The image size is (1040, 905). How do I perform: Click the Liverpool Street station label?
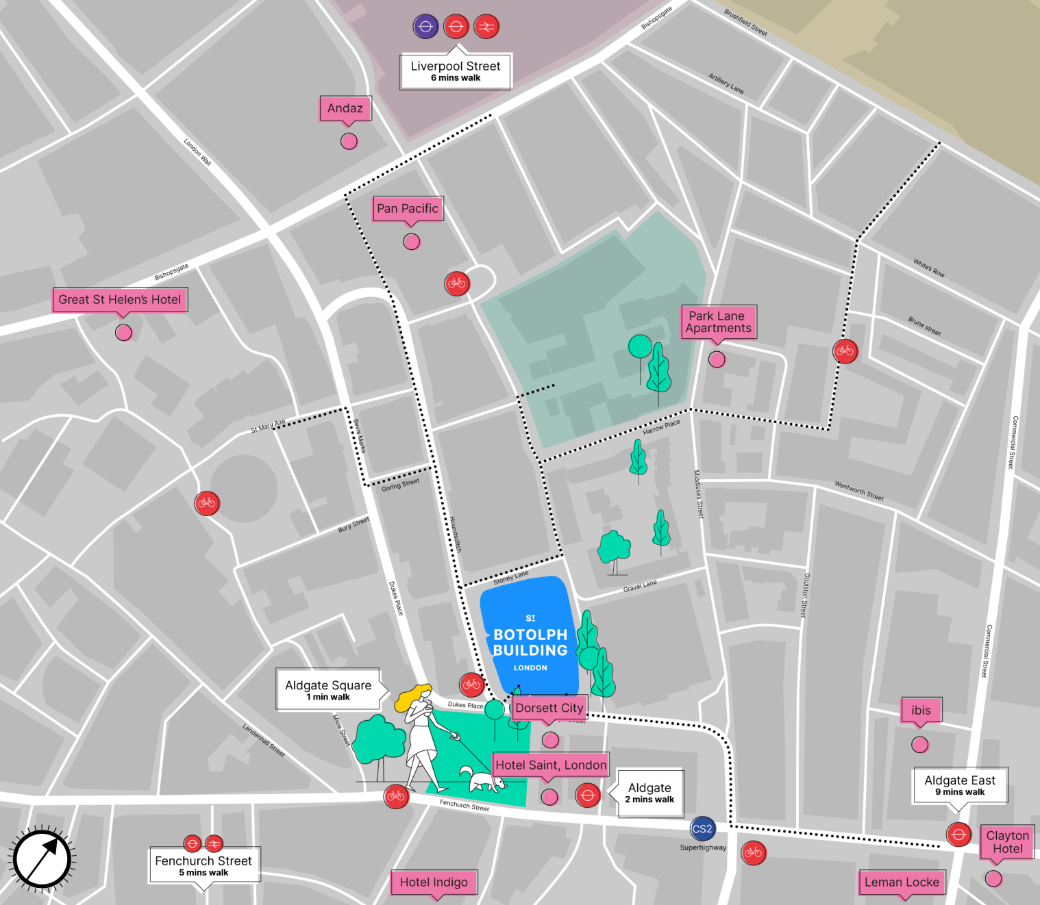pos(455,71)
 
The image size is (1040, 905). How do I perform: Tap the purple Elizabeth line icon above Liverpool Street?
pos(425,27)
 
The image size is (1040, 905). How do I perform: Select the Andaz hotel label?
pos(345,108)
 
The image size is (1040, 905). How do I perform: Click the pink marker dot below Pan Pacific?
pos(411,242)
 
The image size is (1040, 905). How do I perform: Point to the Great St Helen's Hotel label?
pos(120,300)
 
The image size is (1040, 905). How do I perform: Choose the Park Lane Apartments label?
pos(718,322)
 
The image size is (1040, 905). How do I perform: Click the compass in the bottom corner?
pos(42,859)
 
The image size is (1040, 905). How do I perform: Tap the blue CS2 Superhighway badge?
pos(702,829)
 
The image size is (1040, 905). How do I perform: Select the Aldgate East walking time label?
pos(960,785)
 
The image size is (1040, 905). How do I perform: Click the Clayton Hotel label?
pos(1007,842)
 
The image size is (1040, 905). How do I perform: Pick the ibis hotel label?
pos(921,711)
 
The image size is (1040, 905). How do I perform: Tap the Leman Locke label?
pos(902,882)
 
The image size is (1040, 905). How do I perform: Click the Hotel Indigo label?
pos(434,882)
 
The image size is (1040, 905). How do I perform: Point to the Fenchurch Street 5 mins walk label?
pos(203,865)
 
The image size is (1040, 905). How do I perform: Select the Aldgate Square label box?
pos(328,689)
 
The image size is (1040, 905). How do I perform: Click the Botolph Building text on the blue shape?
pos(530,642)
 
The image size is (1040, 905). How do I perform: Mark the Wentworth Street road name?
pos(858,491)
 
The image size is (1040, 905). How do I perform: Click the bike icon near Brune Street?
pos(845,351)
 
